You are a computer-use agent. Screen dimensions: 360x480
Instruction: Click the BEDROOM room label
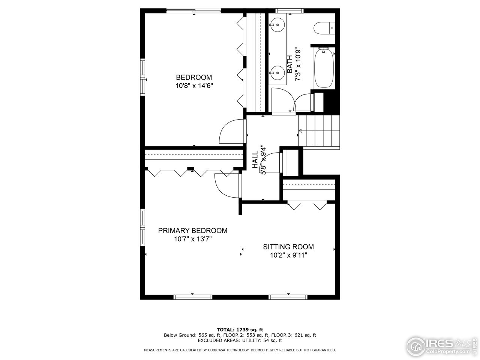[194, 78]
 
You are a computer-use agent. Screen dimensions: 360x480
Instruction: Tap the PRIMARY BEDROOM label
[192, 231]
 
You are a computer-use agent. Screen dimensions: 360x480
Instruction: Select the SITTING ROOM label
[288, 247]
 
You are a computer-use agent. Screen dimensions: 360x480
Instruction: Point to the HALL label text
[255, 160]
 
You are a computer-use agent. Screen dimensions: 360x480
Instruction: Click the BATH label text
[290, 64]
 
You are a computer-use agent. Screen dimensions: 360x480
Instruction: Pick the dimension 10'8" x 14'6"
[194, 86]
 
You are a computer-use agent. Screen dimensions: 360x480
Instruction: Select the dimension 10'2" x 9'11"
[288, 255]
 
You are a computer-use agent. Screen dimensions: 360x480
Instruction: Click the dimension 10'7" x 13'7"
[192, 239]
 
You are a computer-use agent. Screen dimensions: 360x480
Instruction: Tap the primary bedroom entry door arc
[226, 185]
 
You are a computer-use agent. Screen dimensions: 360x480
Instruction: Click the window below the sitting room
[288, 297]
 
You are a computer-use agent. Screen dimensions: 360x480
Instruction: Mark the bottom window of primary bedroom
[193, 297]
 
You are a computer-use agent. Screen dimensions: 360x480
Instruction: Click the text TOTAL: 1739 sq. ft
[240, 329]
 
